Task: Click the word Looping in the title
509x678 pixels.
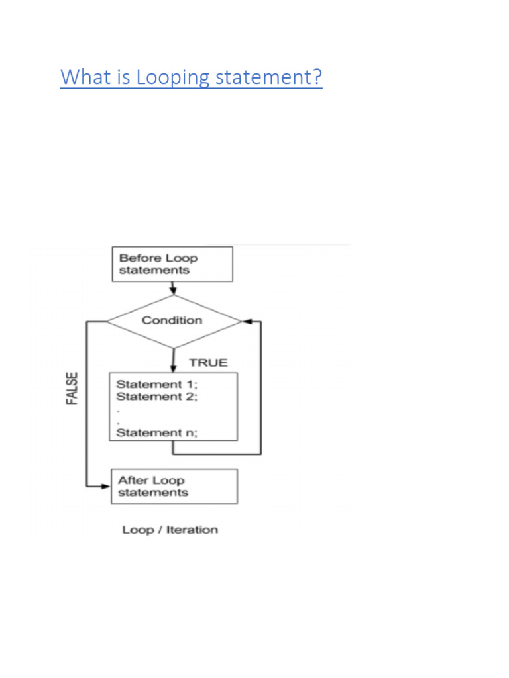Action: click(x=173, y=77)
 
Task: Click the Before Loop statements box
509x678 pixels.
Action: click(x=172, y=264)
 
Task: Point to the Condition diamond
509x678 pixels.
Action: click(x=174, y=321)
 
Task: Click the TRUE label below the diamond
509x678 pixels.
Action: click(x=208, y=362)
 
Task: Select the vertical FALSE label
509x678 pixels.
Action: click(x=72, y=388)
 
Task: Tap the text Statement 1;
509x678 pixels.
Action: click(x=156, y=384)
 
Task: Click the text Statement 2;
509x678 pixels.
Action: click(x=156, y=396)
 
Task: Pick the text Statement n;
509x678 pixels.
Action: click(x=156, y=432)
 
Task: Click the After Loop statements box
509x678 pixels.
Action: click(x=174, y=486)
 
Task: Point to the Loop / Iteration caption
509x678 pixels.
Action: click(x=170, y=530)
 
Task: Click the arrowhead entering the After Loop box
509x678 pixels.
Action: click(x=105, y=486)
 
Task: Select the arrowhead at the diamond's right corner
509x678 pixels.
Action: click(x=247, y=321)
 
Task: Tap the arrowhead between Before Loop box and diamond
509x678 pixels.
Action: click(x=173, y=290)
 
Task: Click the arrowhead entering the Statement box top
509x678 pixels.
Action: click(x=173, y=367)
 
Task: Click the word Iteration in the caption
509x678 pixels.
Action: click(x=192, y=530)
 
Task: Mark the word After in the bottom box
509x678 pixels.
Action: click(x=133, y=480)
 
